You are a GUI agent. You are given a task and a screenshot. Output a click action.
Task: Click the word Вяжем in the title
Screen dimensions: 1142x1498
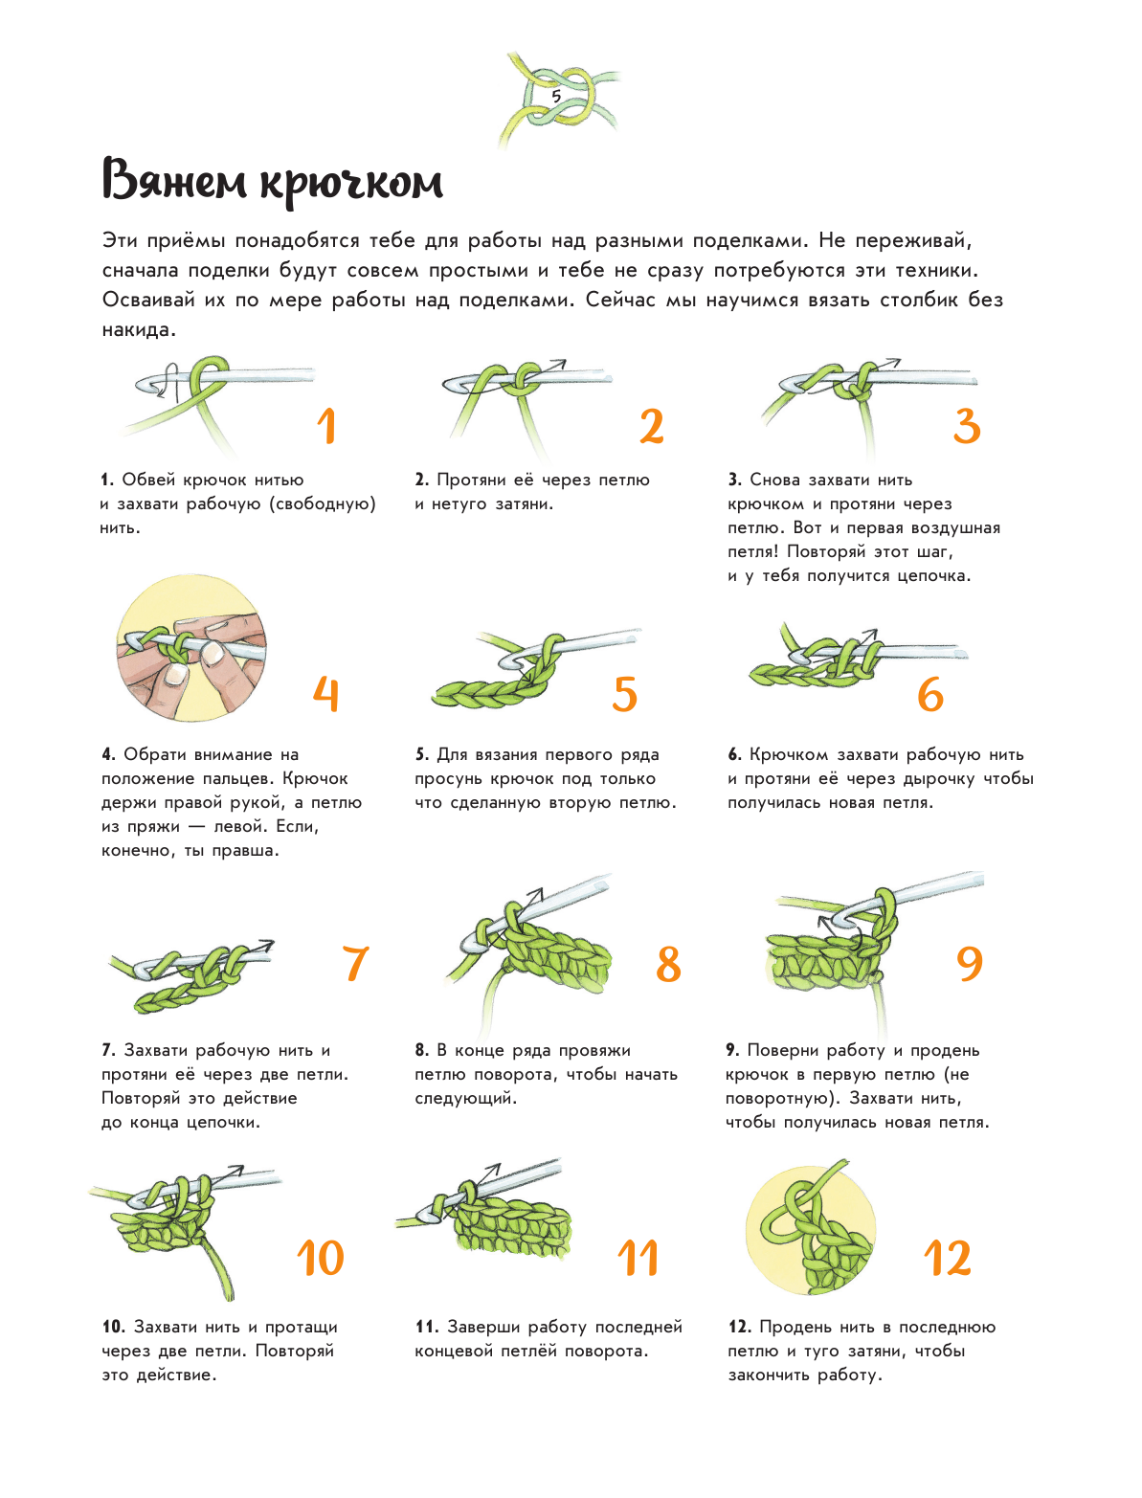pos(174,180)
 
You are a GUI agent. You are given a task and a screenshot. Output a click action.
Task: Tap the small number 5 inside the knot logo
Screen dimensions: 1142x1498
pos(557,97)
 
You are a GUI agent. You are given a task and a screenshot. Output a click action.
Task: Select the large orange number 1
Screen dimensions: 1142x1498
pos(328,426)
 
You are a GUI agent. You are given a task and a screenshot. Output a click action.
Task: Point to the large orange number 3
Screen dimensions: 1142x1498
pos(967,426)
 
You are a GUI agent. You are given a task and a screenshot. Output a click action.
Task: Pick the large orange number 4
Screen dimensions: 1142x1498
pos(326,694)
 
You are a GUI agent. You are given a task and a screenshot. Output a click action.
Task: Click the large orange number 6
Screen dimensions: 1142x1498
pos(930,694)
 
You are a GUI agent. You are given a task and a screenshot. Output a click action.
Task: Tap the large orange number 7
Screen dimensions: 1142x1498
pos(355,963)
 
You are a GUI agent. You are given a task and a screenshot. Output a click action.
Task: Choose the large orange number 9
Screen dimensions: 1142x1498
pos(970,963)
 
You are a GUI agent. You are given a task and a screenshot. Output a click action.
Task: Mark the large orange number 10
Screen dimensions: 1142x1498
pos(321,1258)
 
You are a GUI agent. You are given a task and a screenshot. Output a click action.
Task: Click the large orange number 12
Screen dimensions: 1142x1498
pos(948,1258)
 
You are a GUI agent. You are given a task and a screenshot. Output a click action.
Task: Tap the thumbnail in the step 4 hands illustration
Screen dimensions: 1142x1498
pos(177,675)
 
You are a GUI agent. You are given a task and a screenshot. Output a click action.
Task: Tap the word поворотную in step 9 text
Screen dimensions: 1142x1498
pos(781,1098)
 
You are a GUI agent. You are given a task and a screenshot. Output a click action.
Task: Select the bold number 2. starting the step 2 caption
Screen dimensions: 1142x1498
pos(422,480)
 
